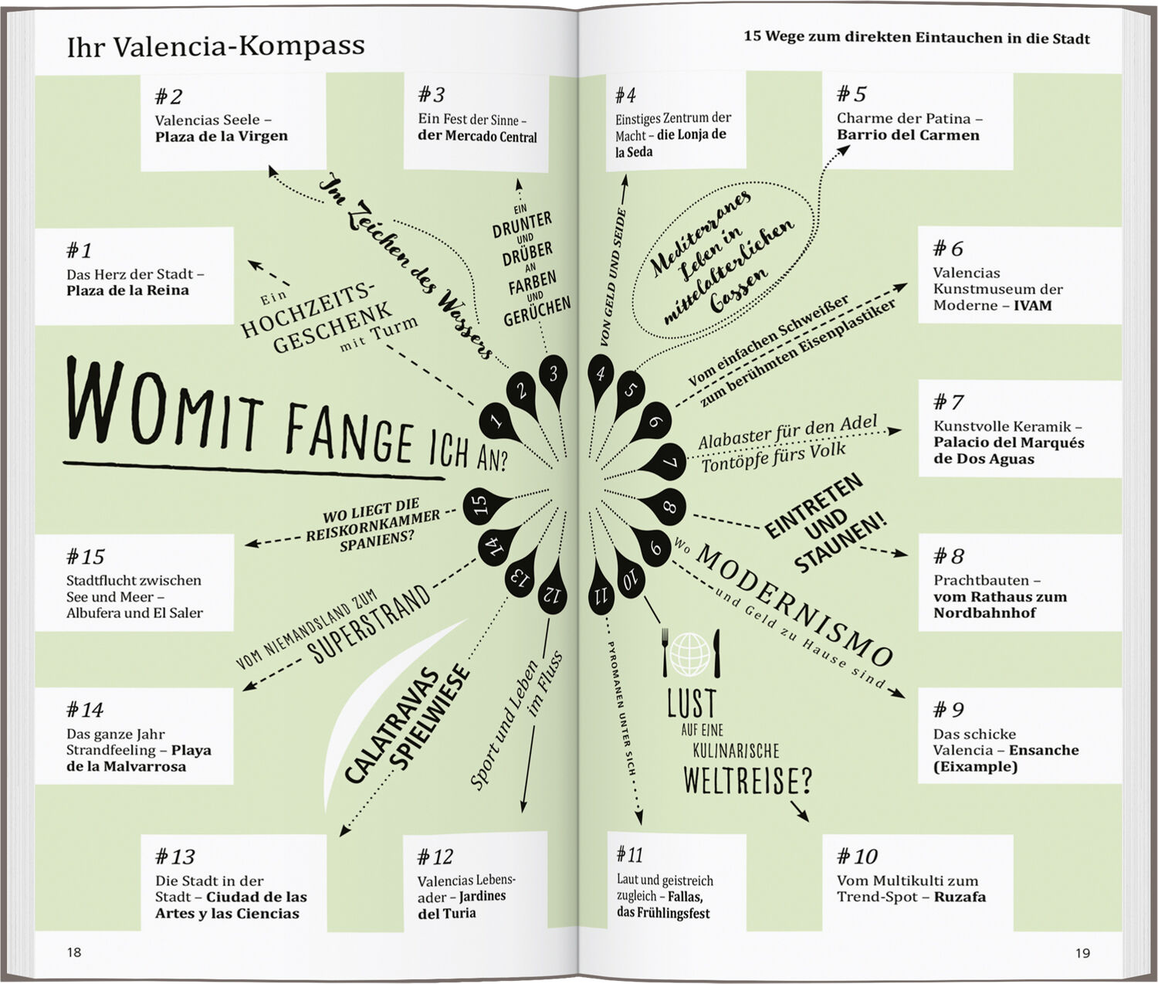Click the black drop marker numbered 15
(x=482, y=506)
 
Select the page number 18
(x=74, y=952)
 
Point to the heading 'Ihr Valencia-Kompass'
(x=215, y=46)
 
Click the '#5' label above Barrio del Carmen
(x=852, y=93)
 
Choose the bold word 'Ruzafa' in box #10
(x=960, y=896)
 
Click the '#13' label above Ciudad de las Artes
(x=174, y=857)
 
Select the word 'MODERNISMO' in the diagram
(x=794, y=606)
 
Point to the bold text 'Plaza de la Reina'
(x=127, y=290)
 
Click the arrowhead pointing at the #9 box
(x=898, y=694)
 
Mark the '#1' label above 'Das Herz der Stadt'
(x=79, y=250)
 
